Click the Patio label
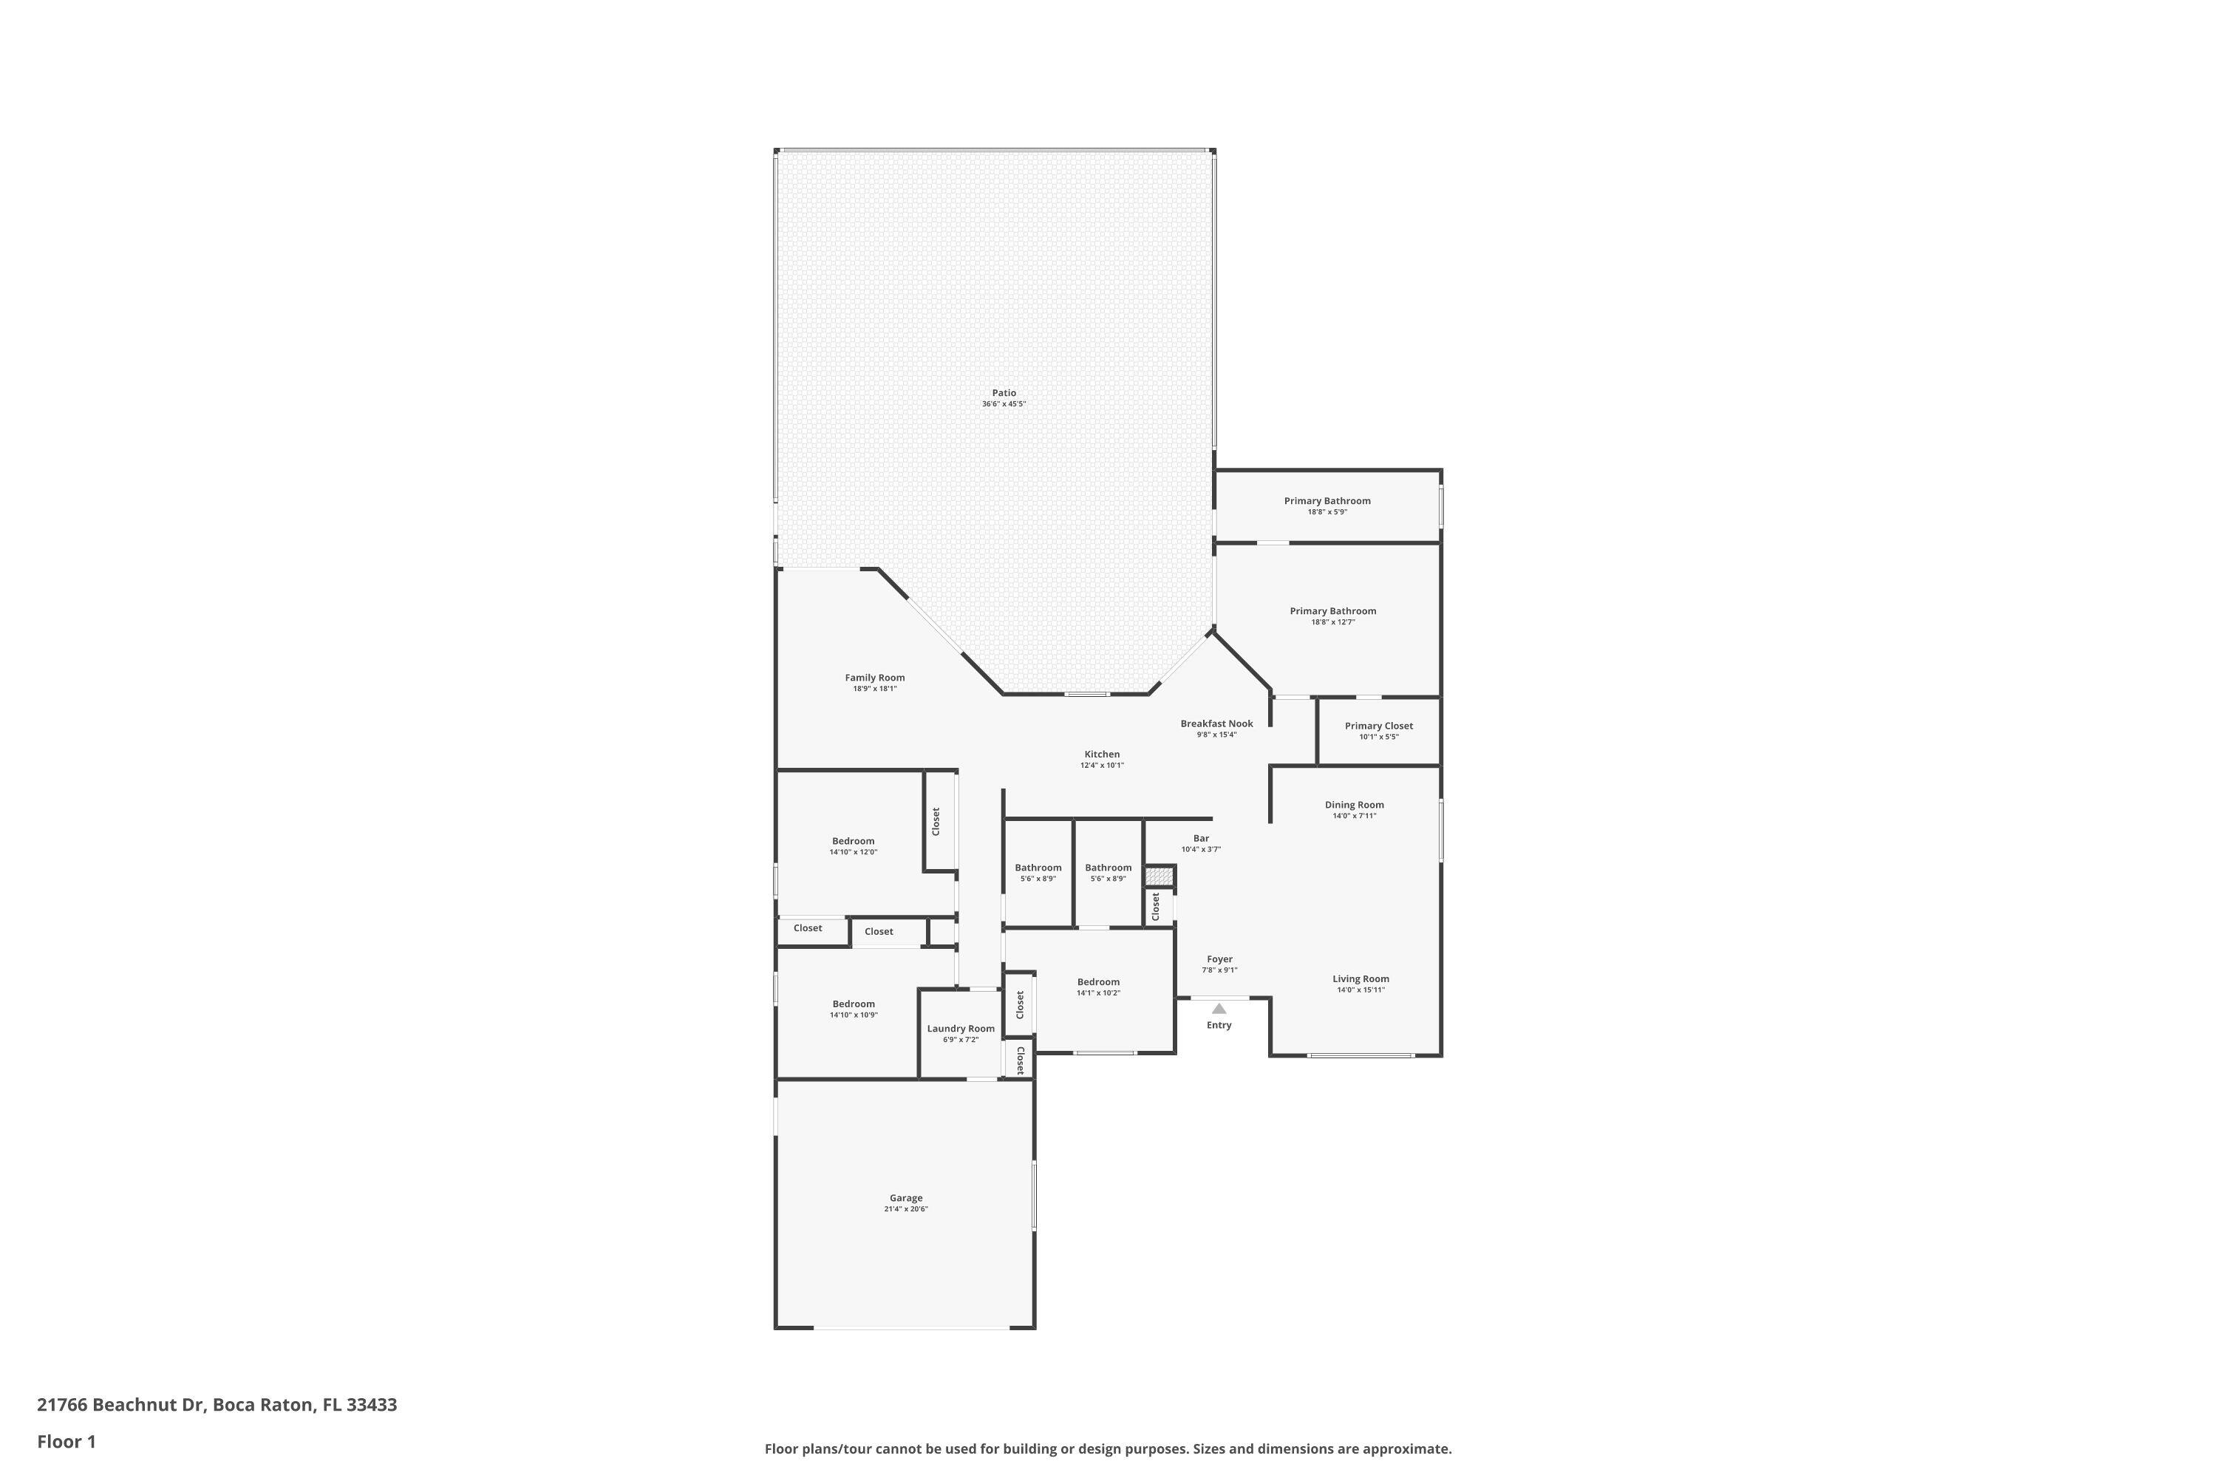1004,393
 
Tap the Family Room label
875,678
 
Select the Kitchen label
1102,754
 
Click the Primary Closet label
1378,726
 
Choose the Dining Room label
1355,805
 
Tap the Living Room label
1360,978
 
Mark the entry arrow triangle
1219,1009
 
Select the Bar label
1201,838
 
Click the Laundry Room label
961,1029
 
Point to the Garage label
906,1198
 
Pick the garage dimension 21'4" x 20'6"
906,1209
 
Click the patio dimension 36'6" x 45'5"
1004,404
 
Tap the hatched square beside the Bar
1159,876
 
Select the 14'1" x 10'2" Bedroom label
1098,982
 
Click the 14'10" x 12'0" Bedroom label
853,841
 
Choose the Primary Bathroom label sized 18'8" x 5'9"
1327,500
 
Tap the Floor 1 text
66,1441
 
